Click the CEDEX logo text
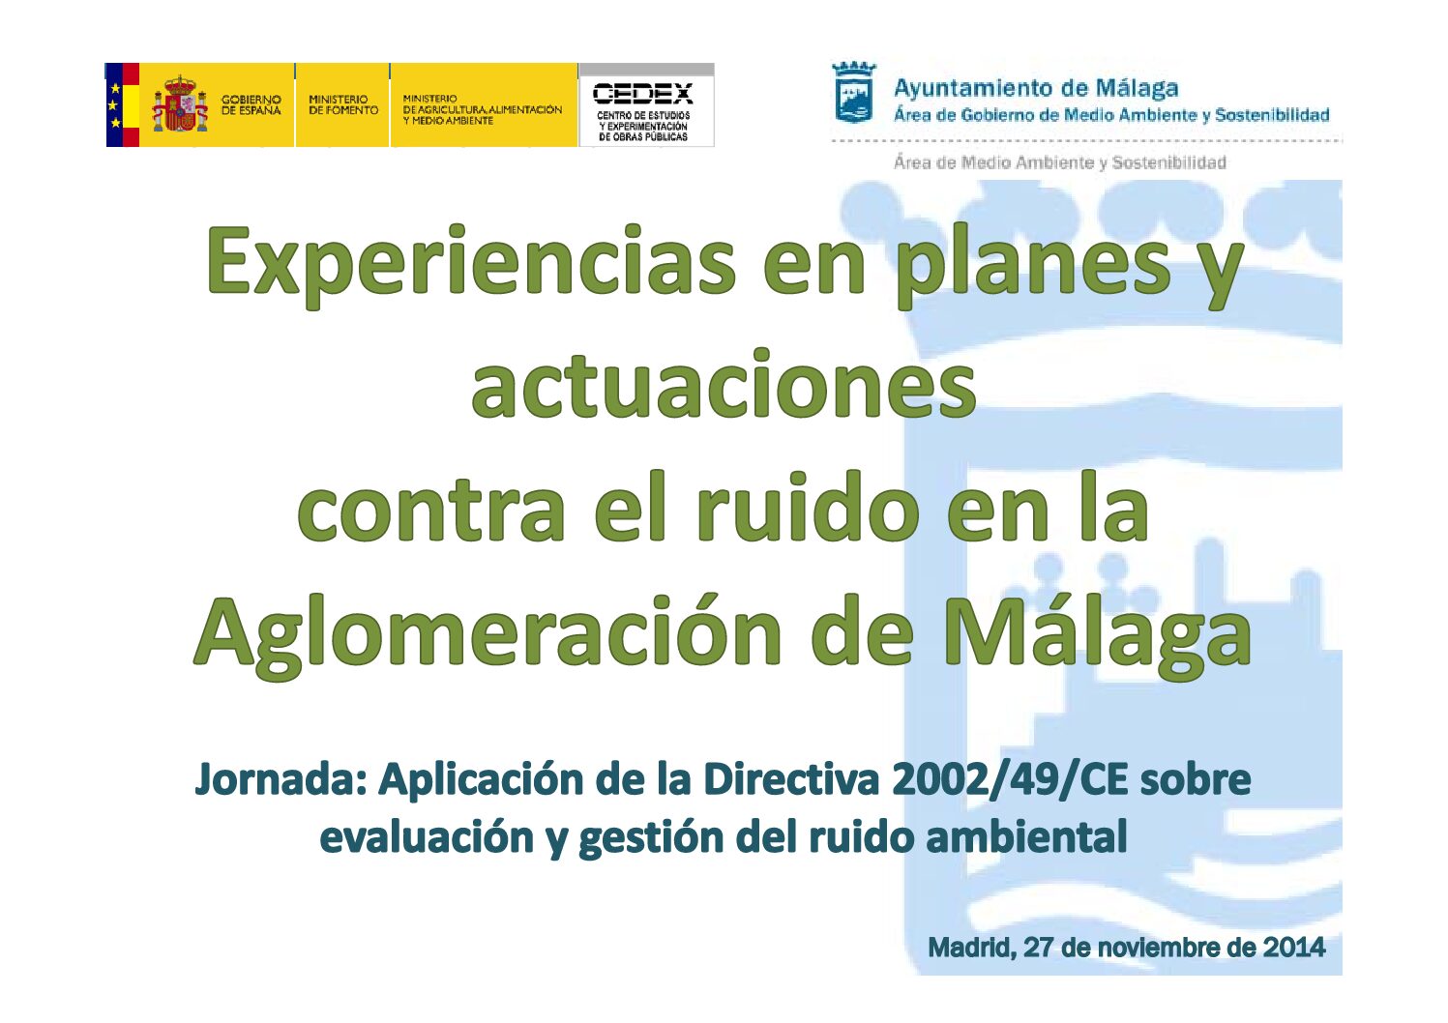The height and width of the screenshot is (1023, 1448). click(642, 94)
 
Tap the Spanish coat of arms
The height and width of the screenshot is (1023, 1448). click(180, 103)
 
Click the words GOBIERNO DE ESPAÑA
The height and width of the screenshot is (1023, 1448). click(251, 104)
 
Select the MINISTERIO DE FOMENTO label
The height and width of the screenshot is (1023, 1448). click(343, 104)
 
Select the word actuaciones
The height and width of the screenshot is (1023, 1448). click(724, 385)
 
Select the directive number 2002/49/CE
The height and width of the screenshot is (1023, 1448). click(1010, 780)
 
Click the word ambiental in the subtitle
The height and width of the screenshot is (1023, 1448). click(1027, 836)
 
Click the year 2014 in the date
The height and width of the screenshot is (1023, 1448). click(1294, 948)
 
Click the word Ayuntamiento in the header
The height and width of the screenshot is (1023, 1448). click(979, 89)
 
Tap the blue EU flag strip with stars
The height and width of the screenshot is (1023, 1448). click(114, 104)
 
